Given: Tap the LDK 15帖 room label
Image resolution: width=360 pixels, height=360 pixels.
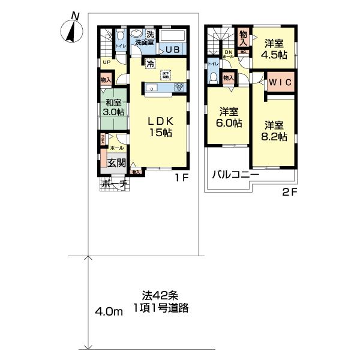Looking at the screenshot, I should pyautogui.click(x=161, y=127).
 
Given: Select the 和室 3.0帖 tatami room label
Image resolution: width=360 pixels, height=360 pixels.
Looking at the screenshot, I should pyautogui.click(x=113, y=107).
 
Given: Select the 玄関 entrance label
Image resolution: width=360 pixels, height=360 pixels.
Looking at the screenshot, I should pyautogui.click(x=116, y=162).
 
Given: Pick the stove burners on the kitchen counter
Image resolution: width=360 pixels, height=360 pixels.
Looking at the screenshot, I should pyautogui.click(x=179, y=88).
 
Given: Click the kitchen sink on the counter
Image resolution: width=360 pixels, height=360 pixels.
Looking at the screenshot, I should pyautogui.click(x=153, y=88).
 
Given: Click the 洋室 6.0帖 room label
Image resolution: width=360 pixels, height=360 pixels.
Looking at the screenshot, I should pyautogui.click(x=230, y=117).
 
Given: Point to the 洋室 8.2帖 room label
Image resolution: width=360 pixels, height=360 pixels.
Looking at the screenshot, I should pyautogui.click(x=275, y=131).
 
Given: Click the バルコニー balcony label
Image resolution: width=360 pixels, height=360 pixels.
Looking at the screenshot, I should pyautogui.click(x=234, y=175).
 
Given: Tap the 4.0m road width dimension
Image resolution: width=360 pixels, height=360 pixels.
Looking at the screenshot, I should pyautogui.click(x=109, y=312).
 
